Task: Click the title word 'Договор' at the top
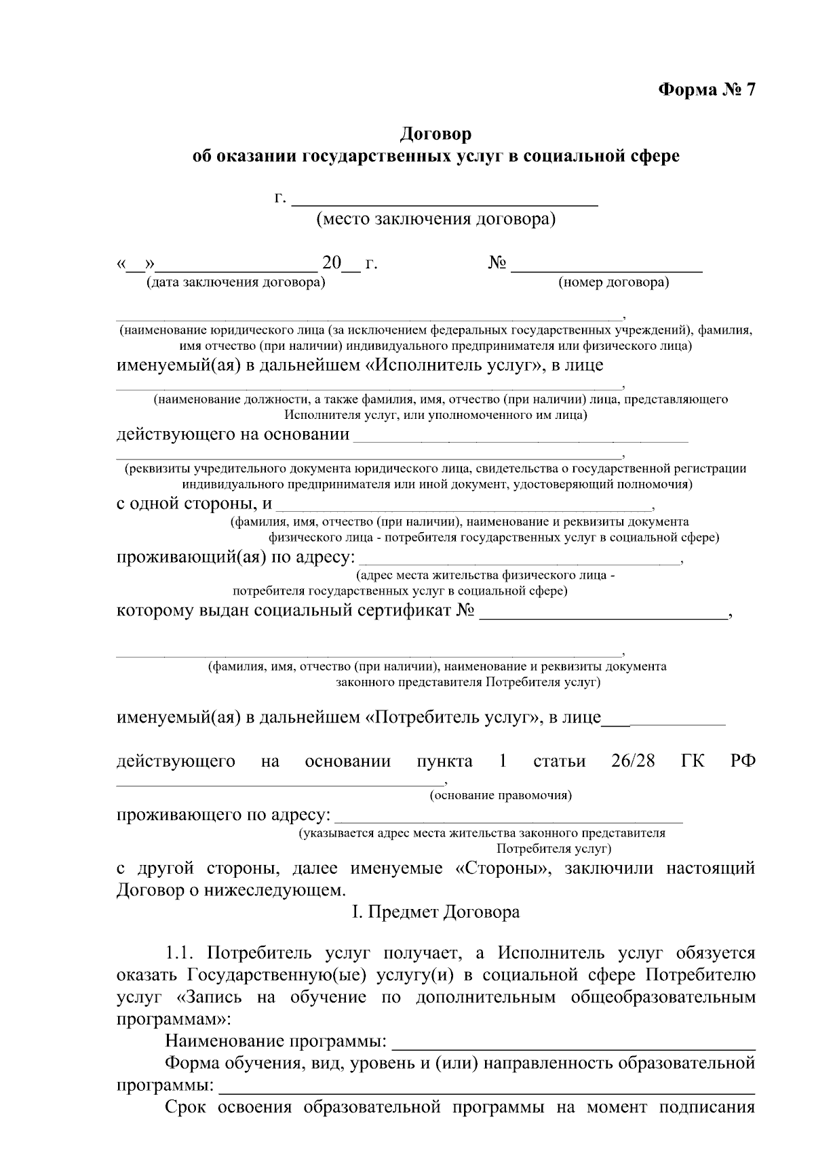point(435,134)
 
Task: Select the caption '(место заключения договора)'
point(436,220)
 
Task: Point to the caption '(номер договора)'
point(613,283)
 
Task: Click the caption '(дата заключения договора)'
point(236,283)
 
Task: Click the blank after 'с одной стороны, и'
point(464,506)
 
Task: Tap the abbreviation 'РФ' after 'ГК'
point(743,761)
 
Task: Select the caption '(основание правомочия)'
point(501,796)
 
